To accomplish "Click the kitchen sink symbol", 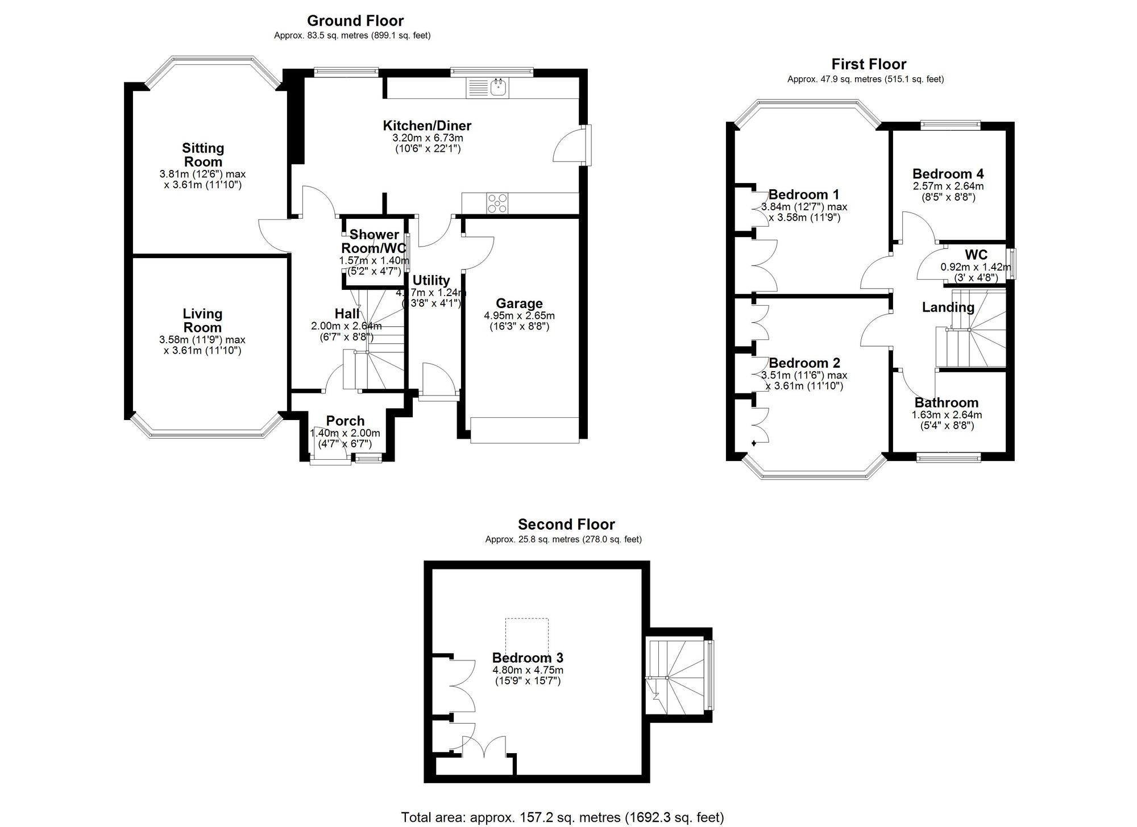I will click(488, 88).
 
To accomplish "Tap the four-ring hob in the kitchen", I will click(497, 203).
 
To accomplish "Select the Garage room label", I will click(519, 304).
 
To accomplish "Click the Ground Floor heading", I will click(355, 21).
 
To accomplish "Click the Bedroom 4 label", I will click(948, 174).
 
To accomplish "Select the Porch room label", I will click(345, 421).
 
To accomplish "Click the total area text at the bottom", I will click(562, 817).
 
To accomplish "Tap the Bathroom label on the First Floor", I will click(946, 403).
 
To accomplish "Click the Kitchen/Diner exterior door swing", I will click(568, 147).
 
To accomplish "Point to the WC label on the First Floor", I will click(976, 255).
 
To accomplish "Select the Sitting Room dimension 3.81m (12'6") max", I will click(203, 174).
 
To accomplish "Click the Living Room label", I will click(202, 321).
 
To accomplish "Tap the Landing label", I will click(948, 307).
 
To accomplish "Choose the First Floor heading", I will click(869, 64).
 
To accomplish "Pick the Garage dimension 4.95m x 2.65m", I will click(519, 316).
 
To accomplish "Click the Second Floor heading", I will click(566, 525).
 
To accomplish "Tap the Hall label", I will click(347, 314).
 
